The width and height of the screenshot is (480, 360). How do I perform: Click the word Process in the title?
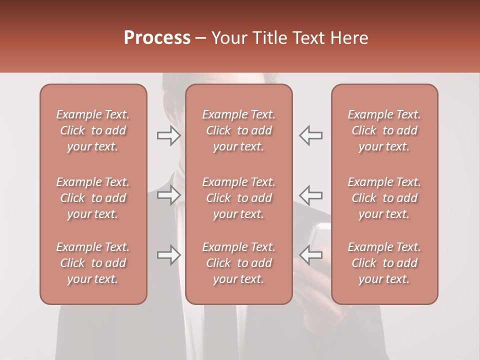coord(157,38)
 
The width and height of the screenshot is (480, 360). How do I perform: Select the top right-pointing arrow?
coord(169,135)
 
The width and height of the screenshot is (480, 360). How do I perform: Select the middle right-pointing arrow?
coord(169,195)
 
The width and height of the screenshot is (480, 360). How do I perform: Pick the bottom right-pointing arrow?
coord(169,255)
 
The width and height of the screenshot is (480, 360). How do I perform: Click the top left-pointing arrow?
coord(310,135)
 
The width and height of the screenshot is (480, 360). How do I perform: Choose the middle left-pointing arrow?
coord(310,195)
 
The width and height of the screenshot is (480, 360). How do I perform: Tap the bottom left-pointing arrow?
coord(310,255)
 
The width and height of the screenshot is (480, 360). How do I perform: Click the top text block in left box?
coord(93,130)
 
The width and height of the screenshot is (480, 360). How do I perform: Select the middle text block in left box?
coord(93,198)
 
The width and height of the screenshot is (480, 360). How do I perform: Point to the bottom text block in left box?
coord(93,263)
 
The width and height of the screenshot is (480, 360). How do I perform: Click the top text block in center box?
coord(239,130)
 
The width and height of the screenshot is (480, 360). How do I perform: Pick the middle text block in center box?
coord(239,198)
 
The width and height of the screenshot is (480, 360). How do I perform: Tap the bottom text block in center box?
coord(239,263)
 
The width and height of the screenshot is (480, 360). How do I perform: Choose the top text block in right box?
coord(384,130)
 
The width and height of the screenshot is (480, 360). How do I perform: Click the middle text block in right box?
coord(384,198)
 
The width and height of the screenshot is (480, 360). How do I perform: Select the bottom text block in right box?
coord(384,263)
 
